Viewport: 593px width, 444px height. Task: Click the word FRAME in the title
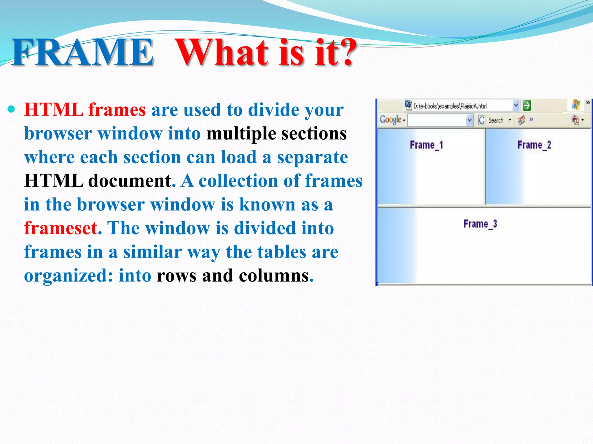[83, 53]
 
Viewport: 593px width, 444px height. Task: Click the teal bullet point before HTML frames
[11, 110]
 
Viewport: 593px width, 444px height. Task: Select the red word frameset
[61, 228]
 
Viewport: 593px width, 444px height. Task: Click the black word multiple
[241, 134]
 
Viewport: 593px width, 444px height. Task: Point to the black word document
[129, 181]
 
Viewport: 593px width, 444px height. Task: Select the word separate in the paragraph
[312, 158]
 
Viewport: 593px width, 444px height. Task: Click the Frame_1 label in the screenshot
[426, 145]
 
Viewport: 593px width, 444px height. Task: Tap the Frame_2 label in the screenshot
[534, 145]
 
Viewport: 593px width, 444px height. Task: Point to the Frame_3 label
[480, 224]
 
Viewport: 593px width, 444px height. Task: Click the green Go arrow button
[527, 106]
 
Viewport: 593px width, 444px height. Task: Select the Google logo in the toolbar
[390, 120]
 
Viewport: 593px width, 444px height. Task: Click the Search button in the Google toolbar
[495, 120]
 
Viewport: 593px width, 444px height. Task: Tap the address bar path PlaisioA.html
[450, 106]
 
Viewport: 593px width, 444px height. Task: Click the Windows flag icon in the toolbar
[576, 105]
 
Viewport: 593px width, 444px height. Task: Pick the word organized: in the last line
[68, 275]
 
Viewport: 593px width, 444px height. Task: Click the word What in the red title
[223, 53]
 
